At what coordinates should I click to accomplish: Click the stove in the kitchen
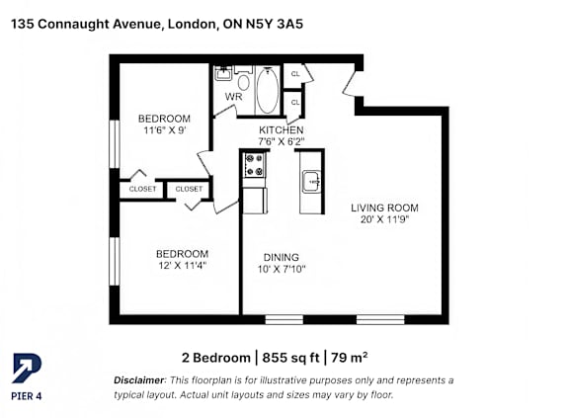pos(255,165)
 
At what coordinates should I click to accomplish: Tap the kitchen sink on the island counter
pos(311,182)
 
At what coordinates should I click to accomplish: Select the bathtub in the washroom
pos(268,90)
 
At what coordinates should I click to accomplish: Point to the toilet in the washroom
pos(243,79)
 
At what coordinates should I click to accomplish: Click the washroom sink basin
pos(223,73)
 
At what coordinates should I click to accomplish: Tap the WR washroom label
pos(233,97)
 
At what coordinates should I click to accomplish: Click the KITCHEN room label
pos(282,129)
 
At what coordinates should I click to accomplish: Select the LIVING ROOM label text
pos(384,208)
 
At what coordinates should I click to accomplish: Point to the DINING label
pos(282,257)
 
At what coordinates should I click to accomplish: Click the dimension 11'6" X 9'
pos(165,129)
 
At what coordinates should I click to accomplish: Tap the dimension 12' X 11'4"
pos(182,265)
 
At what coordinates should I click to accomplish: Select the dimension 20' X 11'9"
pos(384,219)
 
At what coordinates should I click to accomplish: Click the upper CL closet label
pos(295,74)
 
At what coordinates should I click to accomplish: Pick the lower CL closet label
pos(295,103)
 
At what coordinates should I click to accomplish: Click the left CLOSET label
pos(142,189)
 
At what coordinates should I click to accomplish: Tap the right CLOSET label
pos(189,189)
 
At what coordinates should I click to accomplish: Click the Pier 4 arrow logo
pos(27,369)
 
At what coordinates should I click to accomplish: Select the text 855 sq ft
pos(290,358)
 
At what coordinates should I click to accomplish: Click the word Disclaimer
pos(139,380)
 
